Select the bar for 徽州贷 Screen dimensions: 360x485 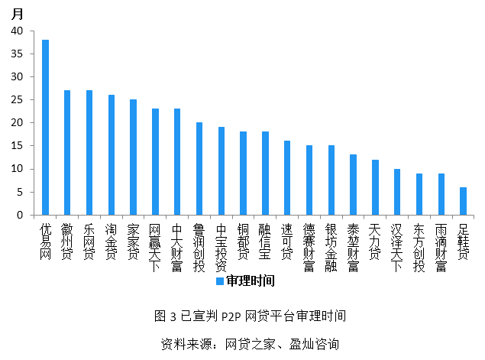(67, 152)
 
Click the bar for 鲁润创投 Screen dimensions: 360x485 (199, 168)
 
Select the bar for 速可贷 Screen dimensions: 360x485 (287, 177)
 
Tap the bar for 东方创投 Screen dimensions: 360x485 (419, 194)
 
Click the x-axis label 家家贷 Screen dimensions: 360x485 (133, 242)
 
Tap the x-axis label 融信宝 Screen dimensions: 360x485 (265, 242)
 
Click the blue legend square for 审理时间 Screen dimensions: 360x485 (219, 281)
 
